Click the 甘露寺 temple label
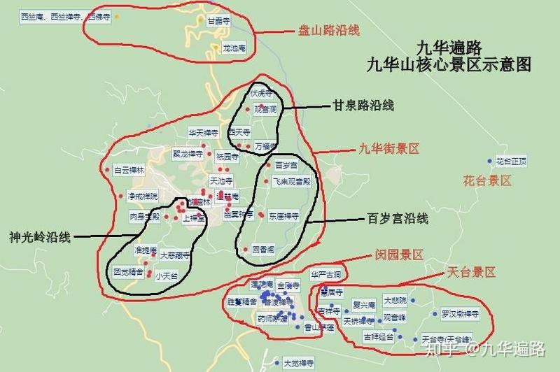pos(219,22)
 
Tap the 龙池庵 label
pos(233,49)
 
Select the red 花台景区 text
pos(487,180)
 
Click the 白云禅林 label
pos(128,170)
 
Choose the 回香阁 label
pos(262,249)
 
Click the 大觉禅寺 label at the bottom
pos(298,363)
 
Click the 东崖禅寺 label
pos(283,216)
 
